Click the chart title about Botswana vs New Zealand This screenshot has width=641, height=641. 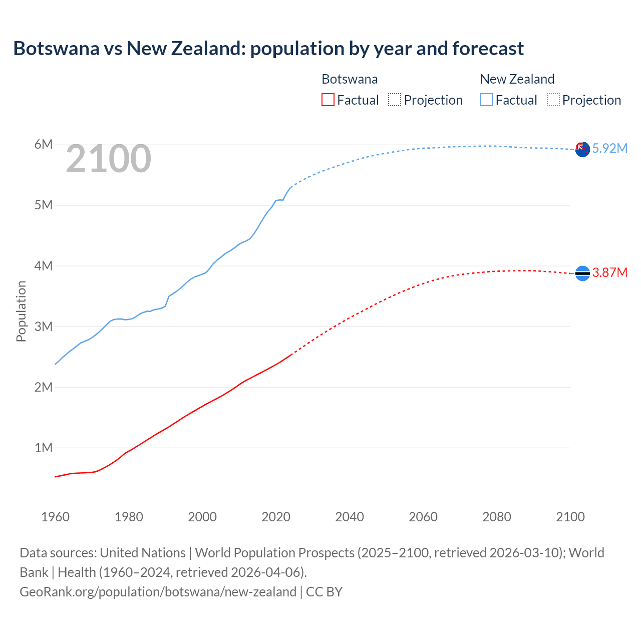tap(268, 49)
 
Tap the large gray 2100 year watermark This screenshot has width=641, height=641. tap(108, 159)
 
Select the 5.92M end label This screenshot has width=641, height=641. tap(609, 148)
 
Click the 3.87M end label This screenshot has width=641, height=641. tap(609, 272)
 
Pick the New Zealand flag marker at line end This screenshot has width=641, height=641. tap(582, 149)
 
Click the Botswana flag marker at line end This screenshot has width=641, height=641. tap(582, 273)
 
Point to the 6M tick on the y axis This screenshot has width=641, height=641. tap(44, 145)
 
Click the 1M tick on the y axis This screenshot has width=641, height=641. tap(44, 448)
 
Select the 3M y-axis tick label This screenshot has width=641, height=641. tap(44, 327)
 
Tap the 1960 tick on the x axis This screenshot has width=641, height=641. tap(55, 517)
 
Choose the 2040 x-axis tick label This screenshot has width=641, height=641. tap(350, 517)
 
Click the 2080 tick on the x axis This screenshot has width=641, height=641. tap(497, 517)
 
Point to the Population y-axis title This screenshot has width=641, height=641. tap(21, 311)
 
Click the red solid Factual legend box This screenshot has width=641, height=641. tap(328, 100)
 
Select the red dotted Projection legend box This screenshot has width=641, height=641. tap(395, 100)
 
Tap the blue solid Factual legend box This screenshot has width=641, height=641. tap(486, 100)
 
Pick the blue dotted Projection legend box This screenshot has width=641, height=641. tap(553, 100)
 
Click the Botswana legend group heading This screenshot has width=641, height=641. tap(350, 79)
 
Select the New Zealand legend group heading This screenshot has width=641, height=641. tap(517, 79)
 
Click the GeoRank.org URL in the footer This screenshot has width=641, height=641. tap(158, 592)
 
